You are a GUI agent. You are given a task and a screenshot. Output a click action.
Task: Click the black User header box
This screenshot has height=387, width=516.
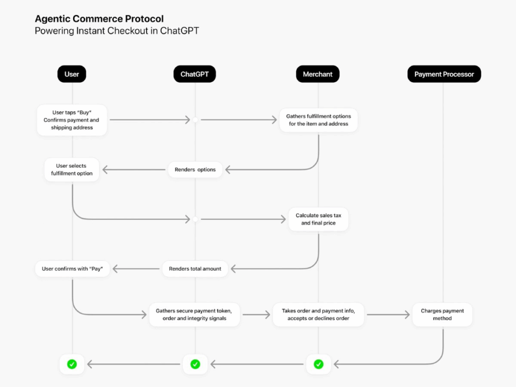tap(72, 74)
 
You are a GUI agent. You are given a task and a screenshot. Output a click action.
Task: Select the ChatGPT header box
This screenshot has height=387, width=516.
tap(195, 74)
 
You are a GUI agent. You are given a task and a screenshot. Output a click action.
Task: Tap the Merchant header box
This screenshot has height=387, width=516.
tap(317, 74)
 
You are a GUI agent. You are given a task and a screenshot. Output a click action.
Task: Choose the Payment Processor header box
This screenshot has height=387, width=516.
tap(444, 74)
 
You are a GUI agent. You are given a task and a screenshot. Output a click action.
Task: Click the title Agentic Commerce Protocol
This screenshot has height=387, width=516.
tap(99, 19)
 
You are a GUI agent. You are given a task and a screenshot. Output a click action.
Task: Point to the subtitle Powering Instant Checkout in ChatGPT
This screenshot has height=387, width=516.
tap(117, 31)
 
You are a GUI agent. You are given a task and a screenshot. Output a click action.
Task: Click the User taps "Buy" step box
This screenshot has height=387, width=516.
tap(72, 120)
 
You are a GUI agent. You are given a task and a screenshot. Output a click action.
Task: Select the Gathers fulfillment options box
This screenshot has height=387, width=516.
tap(318, 120)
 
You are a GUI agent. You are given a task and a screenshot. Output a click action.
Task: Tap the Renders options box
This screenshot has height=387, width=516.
tap(195, 170)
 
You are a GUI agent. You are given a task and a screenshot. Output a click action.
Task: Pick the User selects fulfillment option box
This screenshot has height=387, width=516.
tap(72, 170)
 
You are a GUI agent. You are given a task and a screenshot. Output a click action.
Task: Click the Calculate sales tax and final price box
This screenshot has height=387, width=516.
tap(318, 219)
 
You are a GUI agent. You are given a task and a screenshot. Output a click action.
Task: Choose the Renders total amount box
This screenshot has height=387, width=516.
tap(195, 269)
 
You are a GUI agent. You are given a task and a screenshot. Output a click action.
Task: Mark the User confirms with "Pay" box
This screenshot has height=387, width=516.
tap(73, 269)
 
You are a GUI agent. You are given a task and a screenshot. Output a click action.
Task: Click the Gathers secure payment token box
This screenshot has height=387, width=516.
tap(195, 315)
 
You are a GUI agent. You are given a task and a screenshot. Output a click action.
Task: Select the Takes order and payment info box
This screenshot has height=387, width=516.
tap(318, 315)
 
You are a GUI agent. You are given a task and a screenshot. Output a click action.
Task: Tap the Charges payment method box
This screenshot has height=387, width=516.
tap(442, 315)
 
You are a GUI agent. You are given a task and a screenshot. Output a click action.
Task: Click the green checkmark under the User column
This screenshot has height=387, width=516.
tap(72, 364)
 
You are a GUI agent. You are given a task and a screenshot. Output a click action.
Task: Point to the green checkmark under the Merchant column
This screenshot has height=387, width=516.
tap(318, 364)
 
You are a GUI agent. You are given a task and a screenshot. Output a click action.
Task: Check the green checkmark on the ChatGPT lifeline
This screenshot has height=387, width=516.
tap(195, 364)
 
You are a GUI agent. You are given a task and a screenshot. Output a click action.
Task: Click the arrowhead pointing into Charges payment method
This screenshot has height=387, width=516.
tap(407, 315)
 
